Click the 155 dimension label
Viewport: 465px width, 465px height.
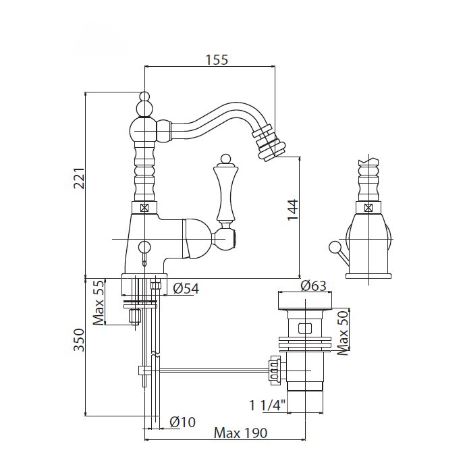217,60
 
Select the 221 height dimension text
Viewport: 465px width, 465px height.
80,178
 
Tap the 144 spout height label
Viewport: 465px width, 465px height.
293,210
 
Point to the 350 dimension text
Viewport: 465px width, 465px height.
79,340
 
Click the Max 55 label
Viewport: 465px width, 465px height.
99,302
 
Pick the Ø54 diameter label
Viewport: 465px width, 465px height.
186,288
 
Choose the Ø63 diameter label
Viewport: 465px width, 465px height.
313,286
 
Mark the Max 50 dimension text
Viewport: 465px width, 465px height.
343,333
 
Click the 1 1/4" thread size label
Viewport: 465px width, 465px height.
267,406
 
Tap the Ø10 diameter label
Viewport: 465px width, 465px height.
183,422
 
